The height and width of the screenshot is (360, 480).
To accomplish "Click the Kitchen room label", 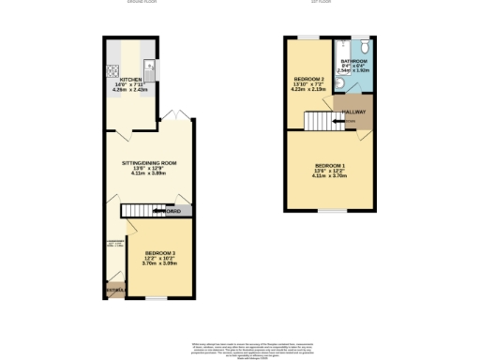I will pyautogui.click(x=129, y=80).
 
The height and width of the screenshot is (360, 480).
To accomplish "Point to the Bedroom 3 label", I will pyautogui.click(x=158, y=252).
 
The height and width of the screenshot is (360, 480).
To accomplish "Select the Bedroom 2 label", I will pyautogui.click(x=309, y=78).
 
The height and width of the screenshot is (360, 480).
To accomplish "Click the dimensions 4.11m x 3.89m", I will pyautogui.click(x=149, y=173).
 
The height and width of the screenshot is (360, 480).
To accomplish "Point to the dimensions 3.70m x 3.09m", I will pyautogui.click(x=158, y=263).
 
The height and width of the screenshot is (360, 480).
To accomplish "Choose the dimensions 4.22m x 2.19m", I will pyautogui.click(x=309, y=89).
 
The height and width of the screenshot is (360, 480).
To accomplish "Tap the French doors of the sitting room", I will pyautogui.click(x=170, y=117).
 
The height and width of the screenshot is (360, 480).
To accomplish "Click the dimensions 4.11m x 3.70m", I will pyautogui.click(x=330, y=176).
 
